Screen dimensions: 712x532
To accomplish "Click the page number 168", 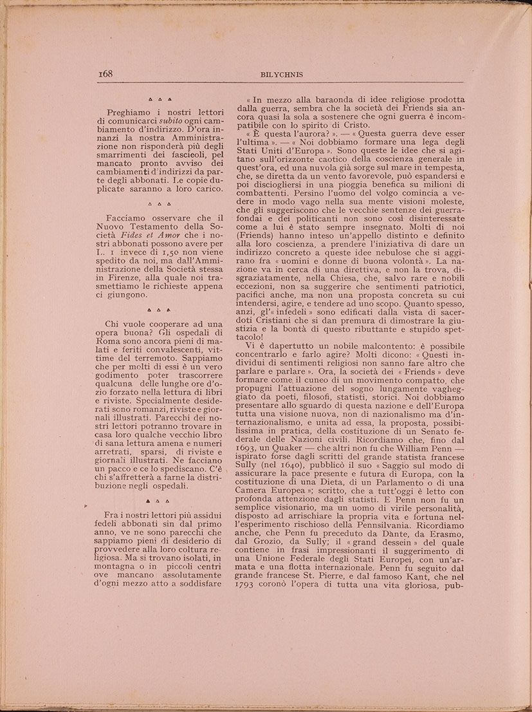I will (x=105, y=74).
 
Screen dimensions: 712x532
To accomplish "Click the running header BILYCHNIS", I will (x=282, y=75).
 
